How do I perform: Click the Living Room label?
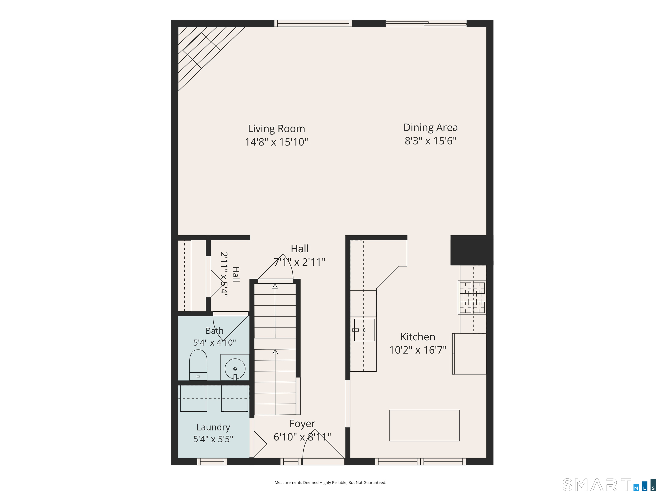(x=276, y=129)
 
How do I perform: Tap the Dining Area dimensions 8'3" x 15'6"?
(x=431, y=141)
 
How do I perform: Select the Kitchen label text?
(x=418, y=337)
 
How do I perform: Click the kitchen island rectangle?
(x=424, y=425)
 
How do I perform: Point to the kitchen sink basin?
(x=364, y=330)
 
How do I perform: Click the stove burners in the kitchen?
(x=472, y=298)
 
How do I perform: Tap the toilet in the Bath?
(x=198, y=365)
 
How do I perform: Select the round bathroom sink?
(x=235, y=369)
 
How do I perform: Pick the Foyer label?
(x=302, y=423)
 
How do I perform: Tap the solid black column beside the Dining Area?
(x=472, y=250)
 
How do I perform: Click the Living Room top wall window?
(x=313, y=23)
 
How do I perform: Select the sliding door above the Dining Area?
(x=426, y=23)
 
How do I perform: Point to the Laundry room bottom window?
(x=212, y=461)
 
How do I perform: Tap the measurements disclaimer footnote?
(x=330, y=482)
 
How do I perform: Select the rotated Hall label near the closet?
(x=236, y=274)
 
